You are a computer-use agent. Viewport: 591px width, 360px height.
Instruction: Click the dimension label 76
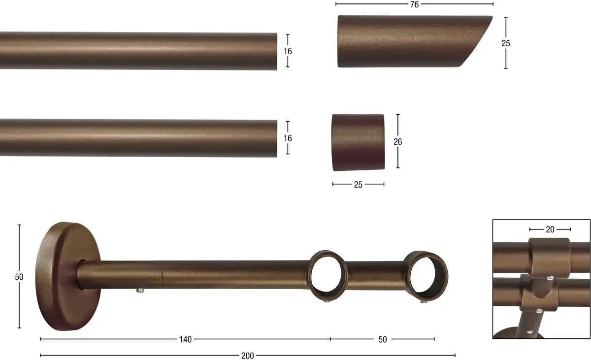click(x=415, y=4)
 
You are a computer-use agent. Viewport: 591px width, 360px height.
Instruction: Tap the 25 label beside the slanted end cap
click(x=506, y=43)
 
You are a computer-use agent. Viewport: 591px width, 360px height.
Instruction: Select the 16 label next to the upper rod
click(x=288, y=51)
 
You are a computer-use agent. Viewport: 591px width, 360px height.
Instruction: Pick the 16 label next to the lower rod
click(x=288, y=138)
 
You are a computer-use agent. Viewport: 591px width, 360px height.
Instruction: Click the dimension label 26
click(x=398, y=142)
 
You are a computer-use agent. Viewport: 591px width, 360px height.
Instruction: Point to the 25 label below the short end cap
click(x=358, y=185)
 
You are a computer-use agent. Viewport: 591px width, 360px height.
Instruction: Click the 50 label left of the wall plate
click(x=19, y=277)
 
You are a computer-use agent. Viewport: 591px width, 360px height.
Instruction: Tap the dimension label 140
click(x=186, y=339)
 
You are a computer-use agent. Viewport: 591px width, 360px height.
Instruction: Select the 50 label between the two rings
click(x=383, y=339)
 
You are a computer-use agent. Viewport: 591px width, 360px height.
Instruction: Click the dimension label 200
click(x=247, y=356)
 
